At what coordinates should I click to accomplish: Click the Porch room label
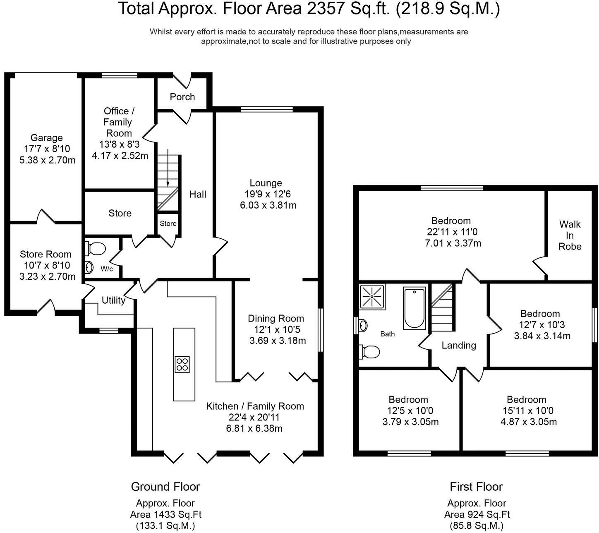(182, 97)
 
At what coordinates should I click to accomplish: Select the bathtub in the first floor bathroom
(415, 308)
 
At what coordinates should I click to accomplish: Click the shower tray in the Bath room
(372, 296)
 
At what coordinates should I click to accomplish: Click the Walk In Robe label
(570, 235)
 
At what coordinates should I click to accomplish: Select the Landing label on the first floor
(459, 346)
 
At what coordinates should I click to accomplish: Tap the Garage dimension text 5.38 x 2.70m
(47, 160)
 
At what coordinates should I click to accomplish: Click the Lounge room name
(266, 183)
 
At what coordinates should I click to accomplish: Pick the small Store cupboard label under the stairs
(168, 223)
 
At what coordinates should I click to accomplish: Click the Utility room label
(113, 300)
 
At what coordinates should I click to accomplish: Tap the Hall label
(198, 194)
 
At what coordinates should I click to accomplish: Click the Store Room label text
(46, 254)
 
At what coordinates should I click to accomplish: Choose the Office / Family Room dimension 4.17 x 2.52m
(120, 156)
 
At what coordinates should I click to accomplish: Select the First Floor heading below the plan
(476, 487)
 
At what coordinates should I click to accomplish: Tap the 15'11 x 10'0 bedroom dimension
(527, 411)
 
